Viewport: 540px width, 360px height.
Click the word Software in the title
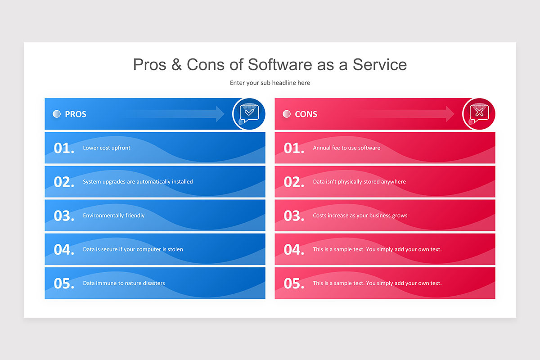[279, 65]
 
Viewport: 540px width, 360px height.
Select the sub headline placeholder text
[270, 83]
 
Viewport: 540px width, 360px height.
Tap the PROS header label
[76, 114]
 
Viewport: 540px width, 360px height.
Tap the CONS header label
[306, 114]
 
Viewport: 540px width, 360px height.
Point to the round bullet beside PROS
[57, 114]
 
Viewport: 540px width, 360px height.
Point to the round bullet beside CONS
[287, 114]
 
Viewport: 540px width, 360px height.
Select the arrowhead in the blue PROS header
[220, 114]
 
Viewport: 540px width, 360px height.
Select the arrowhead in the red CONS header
[450, 114]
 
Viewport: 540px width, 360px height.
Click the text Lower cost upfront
[107, 148]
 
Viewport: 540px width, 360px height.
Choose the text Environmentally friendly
[114, 215]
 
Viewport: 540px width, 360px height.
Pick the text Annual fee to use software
[346, 148]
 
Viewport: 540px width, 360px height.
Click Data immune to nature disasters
[124, 283]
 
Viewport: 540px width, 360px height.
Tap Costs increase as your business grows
[360, 215]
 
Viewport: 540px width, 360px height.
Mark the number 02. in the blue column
[64, 182]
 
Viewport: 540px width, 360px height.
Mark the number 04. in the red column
[294, 250]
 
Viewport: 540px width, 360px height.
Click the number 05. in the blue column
[64, 283]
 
